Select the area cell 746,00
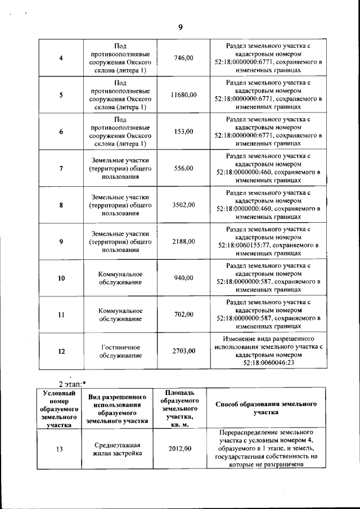(x=184, y=58)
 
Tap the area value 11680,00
(x=184, y=94)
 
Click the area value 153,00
(x=184, y=132)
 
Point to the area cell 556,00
(x=184, y=168)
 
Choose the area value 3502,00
(x=184, y=205)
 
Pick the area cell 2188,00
(x=184, y=241)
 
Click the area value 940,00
(x=184, y=278)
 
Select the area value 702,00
(x=184, y=314)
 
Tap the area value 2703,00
(x=184, y=351)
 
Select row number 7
(x=61, y=168)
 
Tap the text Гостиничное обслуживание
(x=120, y=351)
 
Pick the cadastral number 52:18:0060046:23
(x=268, y=363)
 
